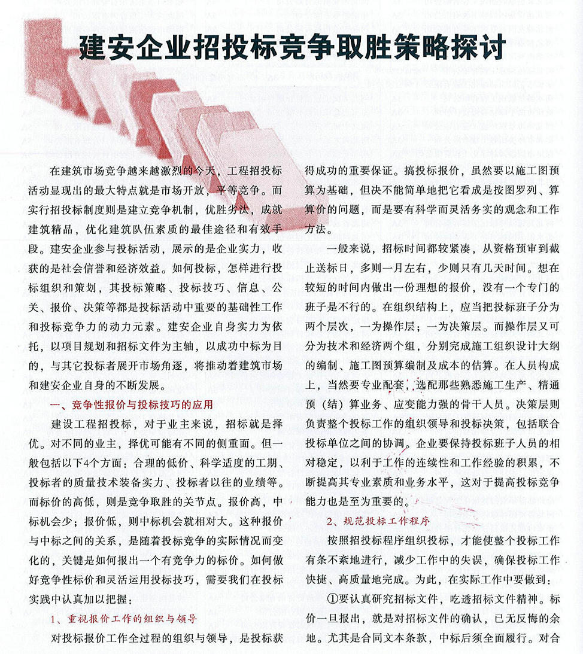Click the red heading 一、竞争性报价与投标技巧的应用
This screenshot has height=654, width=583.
[132, 405]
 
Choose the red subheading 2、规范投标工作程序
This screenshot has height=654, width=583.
[378, 521]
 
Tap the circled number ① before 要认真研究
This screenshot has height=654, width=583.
[333, 598]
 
